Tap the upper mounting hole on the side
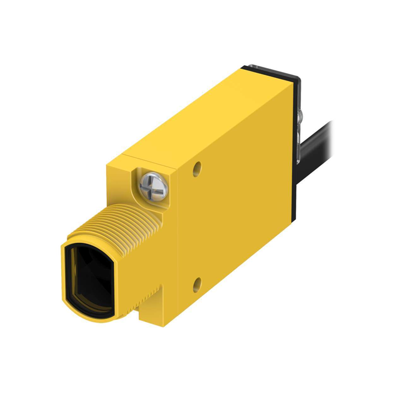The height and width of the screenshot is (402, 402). pos(197,169)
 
